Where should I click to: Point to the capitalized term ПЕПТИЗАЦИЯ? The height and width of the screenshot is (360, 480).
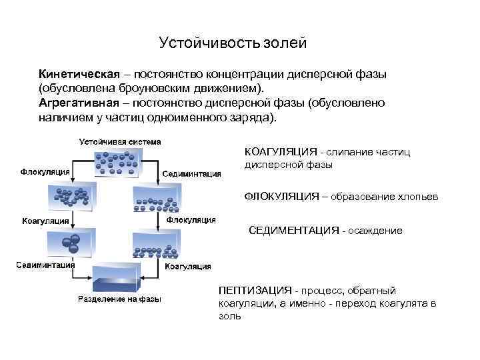[255, 291]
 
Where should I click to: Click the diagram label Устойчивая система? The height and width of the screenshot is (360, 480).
[120, 141]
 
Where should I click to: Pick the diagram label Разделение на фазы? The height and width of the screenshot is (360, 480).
[120, 299]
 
